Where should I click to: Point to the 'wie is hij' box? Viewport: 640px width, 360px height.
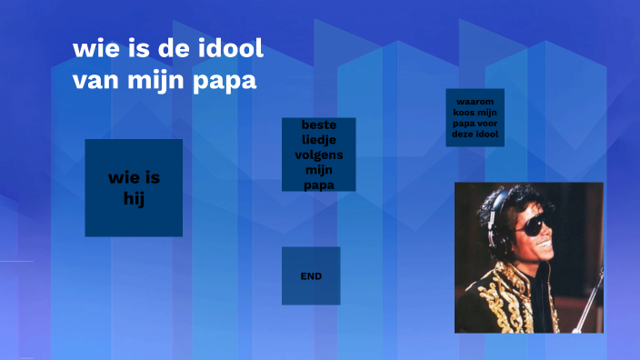click(x=134, y=187)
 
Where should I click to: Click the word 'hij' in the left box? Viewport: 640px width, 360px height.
click(x=135, y=197)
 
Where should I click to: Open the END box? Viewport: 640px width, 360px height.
click(x=311, y=275)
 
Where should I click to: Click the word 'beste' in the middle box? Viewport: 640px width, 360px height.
click(x=318, y=125)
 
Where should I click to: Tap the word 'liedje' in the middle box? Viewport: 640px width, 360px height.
click(x=318, y=139)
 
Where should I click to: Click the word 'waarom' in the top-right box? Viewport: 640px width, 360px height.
click(x=475, y=101)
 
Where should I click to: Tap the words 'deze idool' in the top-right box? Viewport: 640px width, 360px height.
click(x=475, y=135)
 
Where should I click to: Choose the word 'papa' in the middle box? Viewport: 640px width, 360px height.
click(x=318, y=185)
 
